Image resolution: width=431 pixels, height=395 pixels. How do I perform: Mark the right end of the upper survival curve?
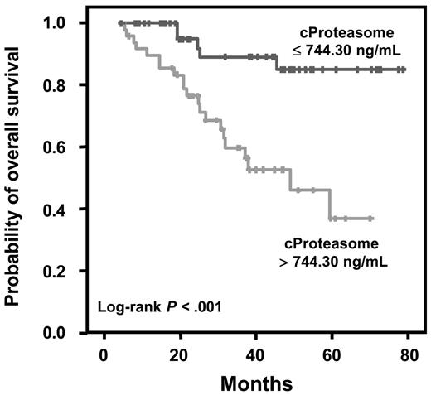pos(404,70)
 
